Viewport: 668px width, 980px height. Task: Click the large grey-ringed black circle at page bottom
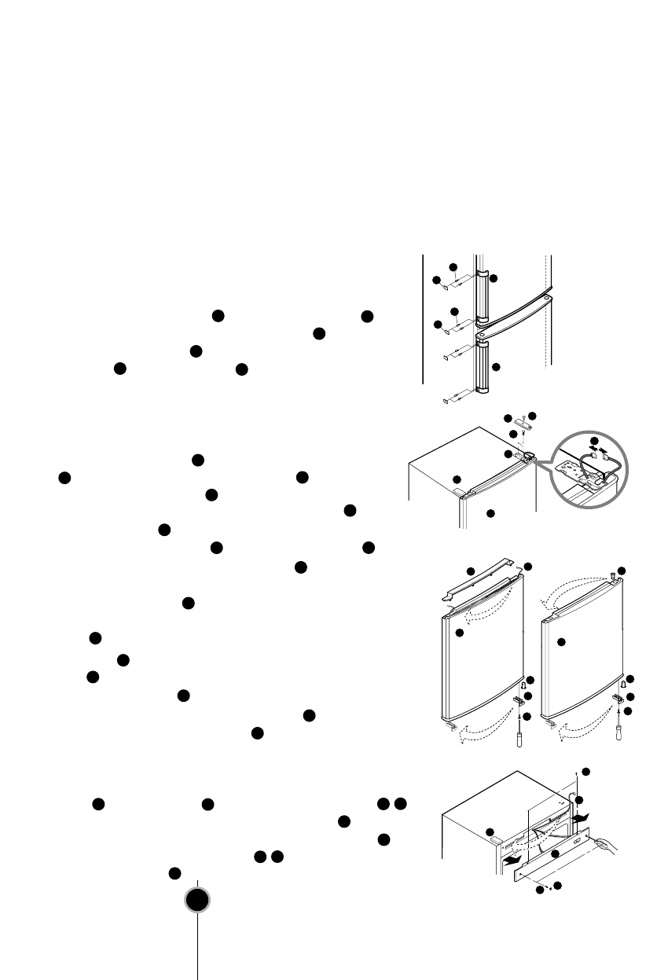pos(197,901)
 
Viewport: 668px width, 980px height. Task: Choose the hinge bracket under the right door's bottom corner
pos(619,697)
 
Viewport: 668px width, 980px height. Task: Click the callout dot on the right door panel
pos(561,642)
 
